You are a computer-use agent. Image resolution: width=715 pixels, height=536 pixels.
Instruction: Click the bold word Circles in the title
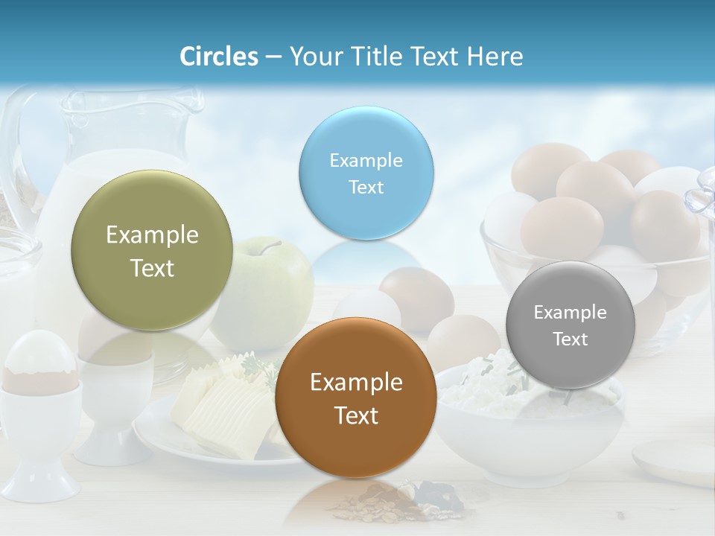coord(218,56)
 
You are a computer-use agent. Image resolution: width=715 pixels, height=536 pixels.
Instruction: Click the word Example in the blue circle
coord(366,160)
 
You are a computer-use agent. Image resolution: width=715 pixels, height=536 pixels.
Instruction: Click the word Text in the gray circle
coord(571,339)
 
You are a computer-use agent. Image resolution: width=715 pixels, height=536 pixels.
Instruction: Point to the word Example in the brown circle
coord(356,382)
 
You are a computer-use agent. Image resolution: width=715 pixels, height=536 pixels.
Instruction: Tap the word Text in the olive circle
coord(152,268)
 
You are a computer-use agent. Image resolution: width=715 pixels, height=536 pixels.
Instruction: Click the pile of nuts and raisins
coord(402,502)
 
